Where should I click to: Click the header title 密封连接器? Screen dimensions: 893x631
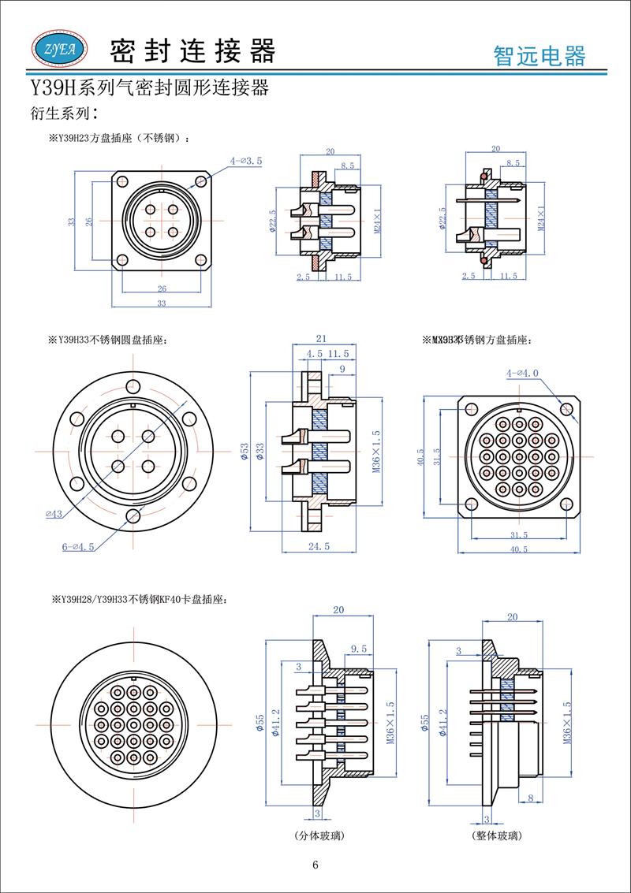coord(193,50)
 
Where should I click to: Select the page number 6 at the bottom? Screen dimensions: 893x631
coord(315,865)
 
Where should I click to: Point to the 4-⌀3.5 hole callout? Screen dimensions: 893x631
coord(246,161)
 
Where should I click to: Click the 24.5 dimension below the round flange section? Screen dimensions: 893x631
coord(319,545)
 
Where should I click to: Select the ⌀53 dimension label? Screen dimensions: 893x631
coord(245,450)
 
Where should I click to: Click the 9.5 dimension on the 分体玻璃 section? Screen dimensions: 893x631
coord(359,649)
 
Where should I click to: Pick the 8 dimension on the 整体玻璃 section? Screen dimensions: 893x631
coord(530,798)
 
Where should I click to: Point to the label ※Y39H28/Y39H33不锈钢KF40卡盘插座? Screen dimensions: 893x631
coord(140,600)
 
